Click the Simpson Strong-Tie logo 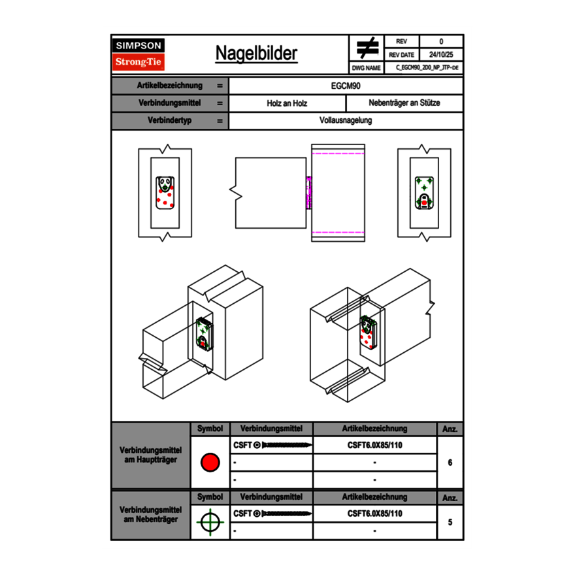click(x=139, y=54)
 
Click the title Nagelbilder click(x=256, y=54)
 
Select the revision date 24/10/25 click(x=440, y=55)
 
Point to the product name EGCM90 click(x=346, y=86)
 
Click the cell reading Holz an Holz click(x=287, y=104)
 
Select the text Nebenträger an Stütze click(x=404, y=104)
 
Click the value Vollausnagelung click(x=346, y=121)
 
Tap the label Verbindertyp click(x=169, y=121)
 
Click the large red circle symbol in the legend click(x=210, y=463)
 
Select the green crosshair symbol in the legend click(x=210, y=522)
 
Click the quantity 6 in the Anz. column click(x=450, y=463)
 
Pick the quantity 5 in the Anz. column click(x=450, y=522)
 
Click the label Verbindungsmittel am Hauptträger click(x=150, y=455)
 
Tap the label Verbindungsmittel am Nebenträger click(x=150, y=515)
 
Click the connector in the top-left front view click(x=165, y=193)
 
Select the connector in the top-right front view click(x=424, y=193)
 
